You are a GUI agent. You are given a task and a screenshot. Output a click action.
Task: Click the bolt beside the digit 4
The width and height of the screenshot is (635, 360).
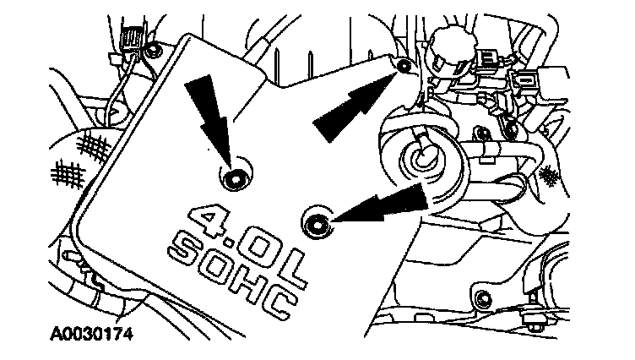231,177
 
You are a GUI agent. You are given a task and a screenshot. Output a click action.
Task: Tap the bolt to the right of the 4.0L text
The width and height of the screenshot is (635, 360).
316,223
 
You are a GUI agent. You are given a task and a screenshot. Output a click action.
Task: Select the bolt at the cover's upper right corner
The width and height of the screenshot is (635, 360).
404,65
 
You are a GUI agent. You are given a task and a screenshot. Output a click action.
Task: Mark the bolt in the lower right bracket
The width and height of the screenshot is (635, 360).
482,297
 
